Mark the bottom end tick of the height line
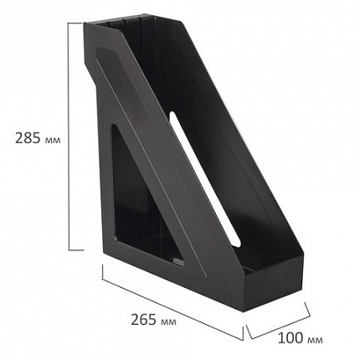pos(68,249)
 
